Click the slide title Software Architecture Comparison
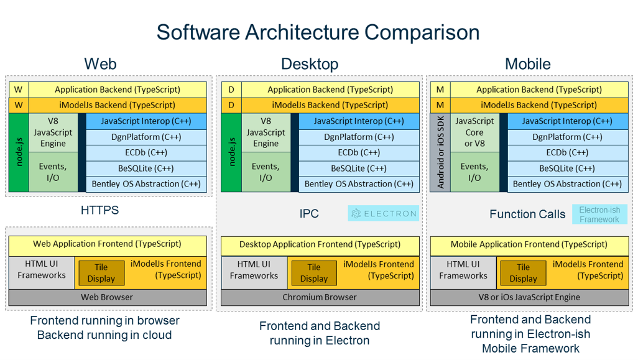point(318,32)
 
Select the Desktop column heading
point(310,64)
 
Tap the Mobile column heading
point(528,64)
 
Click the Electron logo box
point(383,213)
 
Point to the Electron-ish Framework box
point(599,215)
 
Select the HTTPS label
point(99,210)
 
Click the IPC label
point(309,213)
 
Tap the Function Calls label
point(527,214)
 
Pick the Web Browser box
point(108,297)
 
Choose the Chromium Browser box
point(320,297)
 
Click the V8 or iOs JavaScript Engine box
point(529,297)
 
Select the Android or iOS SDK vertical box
point(440,152)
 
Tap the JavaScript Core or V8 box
point(474,132)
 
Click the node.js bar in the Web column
point(19,152)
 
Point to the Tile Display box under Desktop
point(313,272)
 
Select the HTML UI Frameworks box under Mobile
point(463,270)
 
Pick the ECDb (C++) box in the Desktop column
point(359,152)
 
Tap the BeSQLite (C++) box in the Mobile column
point(567,168)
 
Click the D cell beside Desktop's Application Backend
point(231,90)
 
